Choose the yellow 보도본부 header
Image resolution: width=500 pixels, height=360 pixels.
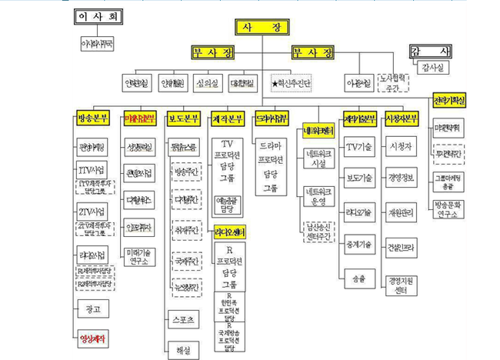[184, 118]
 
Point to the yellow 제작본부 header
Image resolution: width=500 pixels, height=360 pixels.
[228, 118]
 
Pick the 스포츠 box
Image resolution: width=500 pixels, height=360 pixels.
[185, 318]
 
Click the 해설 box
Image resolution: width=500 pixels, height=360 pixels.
[185, 348]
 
